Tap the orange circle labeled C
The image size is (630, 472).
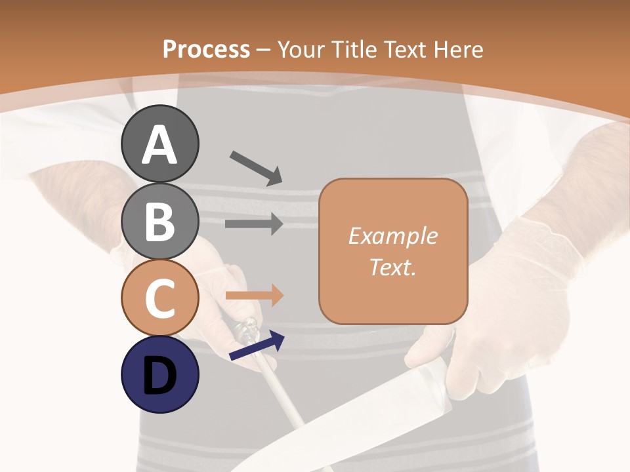(x=159, y=298)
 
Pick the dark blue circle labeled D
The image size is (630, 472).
(x=159, y=375)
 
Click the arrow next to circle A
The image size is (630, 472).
(x=256, y=168)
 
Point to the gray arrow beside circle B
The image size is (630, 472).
(x=254, y=224)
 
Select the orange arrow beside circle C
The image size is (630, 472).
(x=254, y=296)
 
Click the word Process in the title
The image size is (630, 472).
(x=206, y=50)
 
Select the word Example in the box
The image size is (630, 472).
(x=392, y=236)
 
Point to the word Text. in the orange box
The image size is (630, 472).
(x=392, y=267)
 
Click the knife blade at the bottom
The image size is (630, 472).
(x=341, y=426)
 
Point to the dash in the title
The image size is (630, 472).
(x=263, y=50)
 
